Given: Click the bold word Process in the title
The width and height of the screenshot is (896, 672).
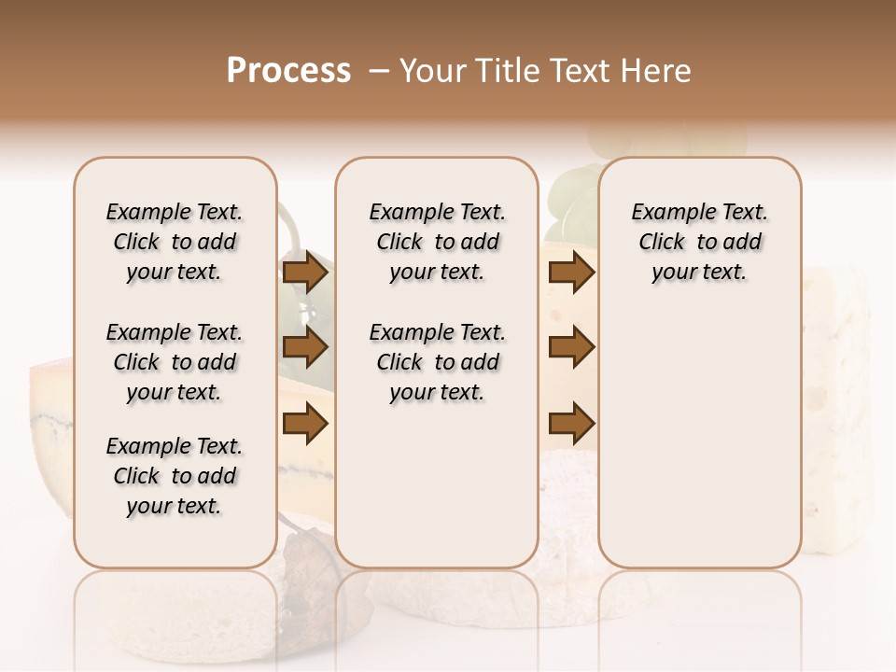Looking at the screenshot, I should coord(288,71).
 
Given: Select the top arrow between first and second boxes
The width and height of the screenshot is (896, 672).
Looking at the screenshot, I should coord(305,273).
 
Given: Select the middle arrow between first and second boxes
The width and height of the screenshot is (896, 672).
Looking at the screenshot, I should coord(305,348).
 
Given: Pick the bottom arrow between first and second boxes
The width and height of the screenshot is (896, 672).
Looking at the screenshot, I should coord(305,425).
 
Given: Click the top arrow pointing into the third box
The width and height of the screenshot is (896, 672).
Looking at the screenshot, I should coord(571,273).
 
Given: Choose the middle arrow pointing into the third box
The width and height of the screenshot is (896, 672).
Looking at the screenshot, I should coord(571,348).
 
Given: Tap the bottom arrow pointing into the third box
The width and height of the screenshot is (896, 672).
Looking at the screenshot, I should coord(571,425).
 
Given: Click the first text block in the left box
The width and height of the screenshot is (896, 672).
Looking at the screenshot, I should coord(175,242).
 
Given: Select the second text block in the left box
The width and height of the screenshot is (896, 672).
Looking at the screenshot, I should coord(175,362).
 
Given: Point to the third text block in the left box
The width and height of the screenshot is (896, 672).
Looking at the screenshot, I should coord(175,476).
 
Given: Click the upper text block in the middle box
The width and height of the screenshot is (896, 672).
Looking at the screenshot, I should coord(437,242).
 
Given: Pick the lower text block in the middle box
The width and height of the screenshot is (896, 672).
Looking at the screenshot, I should coord(437,362).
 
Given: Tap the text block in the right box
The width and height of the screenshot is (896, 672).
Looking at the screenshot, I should coord(699,242).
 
